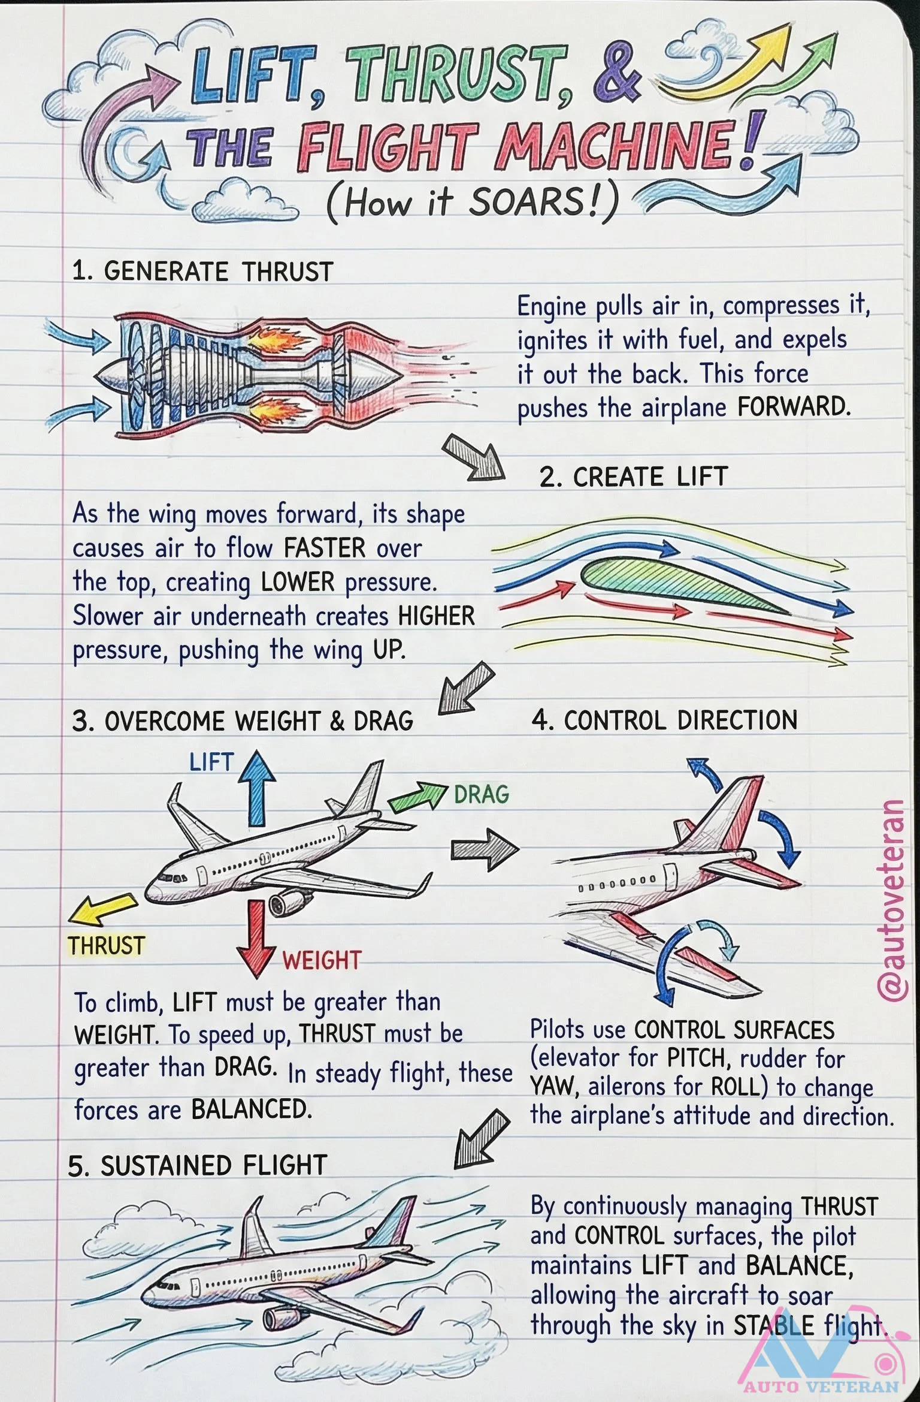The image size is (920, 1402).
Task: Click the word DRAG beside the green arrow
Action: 481,795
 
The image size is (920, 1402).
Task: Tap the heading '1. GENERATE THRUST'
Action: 202,272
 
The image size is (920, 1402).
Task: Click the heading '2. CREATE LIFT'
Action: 633,477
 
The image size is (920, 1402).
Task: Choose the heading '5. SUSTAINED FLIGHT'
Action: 198,1165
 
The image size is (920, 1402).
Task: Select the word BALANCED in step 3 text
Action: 252,1109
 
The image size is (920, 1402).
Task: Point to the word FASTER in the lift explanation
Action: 324,548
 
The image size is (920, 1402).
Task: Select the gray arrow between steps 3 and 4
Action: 484,848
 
